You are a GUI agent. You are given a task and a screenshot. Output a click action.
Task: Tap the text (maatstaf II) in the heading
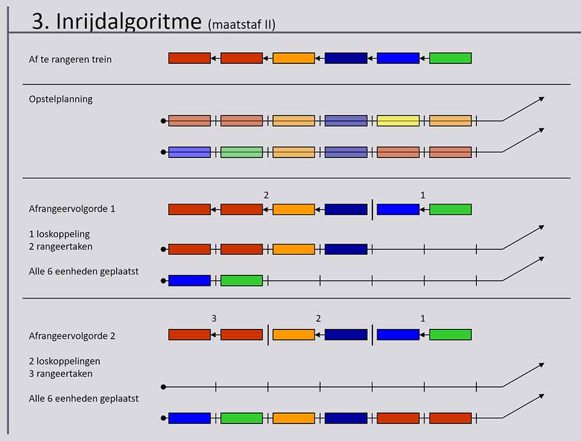click(241, 24)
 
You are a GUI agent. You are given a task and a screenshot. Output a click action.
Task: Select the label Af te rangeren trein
click(70, 59)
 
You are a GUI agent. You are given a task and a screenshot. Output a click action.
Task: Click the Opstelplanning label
click(60, 99)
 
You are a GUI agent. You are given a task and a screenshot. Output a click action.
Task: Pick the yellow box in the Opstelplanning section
click(398, 121)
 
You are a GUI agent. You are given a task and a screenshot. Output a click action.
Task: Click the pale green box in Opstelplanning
click(242, 152)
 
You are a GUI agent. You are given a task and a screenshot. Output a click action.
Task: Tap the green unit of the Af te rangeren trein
click(450, 58)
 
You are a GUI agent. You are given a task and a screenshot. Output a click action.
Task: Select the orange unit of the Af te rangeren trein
click(293, 58)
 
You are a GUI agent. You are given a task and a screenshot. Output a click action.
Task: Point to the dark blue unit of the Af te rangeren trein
click(346, 58)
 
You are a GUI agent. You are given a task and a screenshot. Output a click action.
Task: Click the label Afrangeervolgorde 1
click(72, 209)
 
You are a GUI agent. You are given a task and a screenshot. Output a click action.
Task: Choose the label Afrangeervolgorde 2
click(72, 336)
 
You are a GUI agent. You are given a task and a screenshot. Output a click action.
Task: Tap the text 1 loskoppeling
click(59, 234)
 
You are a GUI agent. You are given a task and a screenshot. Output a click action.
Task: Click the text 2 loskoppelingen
click(64, 361)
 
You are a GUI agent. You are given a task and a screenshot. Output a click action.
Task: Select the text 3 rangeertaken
click(60, 374)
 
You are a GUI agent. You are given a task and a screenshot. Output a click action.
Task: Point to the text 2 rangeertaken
click(60, 246)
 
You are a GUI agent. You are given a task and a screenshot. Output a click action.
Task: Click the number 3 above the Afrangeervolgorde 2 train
click(214, 318)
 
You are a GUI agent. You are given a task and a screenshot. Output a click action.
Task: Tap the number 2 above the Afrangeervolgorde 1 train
click(266, 195)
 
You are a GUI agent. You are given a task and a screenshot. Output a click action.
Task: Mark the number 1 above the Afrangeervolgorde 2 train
click(422, 318)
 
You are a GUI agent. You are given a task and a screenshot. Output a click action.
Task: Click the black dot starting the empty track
click(164, 387)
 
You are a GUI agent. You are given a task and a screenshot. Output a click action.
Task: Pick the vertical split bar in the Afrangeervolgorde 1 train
click(372, 209)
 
